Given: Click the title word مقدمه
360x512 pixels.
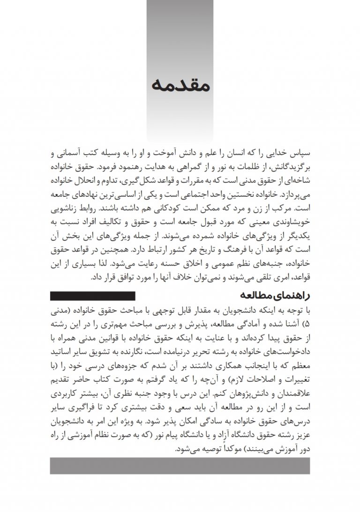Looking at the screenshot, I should (180, 86).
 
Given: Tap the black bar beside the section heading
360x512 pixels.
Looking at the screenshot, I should (92, 296).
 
